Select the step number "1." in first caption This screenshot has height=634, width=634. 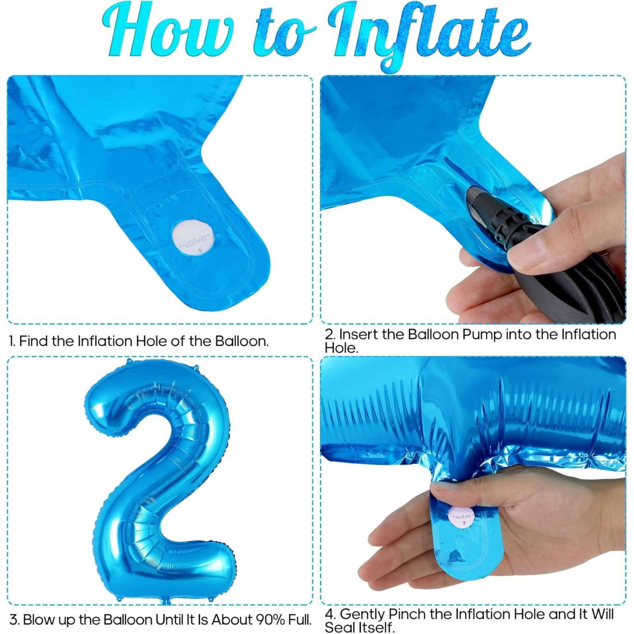tap(12, 341)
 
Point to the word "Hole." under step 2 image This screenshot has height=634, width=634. tap(341, 348)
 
